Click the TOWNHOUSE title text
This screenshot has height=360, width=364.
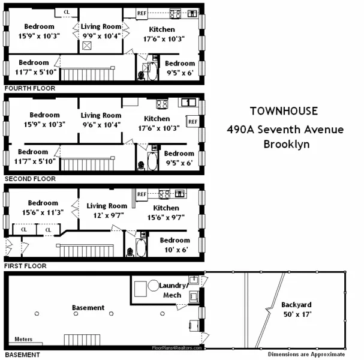click(285, 111)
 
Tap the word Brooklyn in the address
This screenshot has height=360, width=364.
click(285, 144)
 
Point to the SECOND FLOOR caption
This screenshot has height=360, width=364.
click(29, 179)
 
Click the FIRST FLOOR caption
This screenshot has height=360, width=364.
click(25, 265)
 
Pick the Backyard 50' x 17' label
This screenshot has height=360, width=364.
click(297, 309)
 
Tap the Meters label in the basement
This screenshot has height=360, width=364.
click(24, 339)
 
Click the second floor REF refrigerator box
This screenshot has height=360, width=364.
click(192, 122)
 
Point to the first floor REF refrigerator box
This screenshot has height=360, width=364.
click(142, 194)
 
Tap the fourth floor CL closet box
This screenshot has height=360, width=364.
click(66, 12)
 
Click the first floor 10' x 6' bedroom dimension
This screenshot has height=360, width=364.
click(174, 249)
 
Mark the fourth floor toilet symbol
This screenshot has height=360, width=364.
click(142, 74)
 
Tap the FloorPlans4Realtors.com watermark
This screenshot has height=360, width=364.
click(178, 348)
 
